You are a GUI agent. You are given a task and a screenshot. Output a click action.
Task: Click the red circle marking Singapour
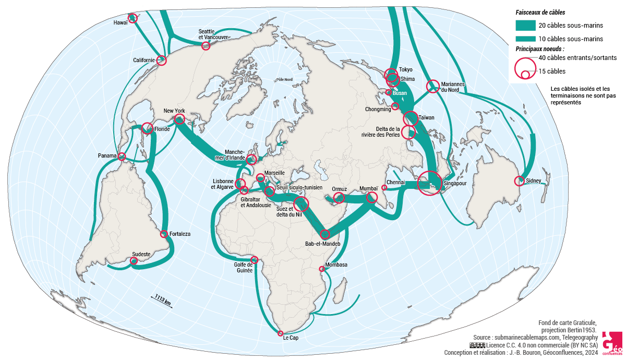(x=429, y=183)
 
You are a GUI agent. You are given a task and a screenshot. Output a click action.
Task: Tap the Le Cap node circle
(x=281, y=333)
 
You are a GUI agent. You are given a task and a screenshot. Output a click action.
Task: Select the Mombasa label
(x=336, y=265)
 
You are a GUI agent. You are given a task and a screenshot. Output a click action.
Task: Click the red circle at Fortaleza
(x=164, y=234)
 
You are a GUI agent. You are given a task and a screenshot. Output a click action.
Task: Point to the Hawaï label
(x=121, y=23)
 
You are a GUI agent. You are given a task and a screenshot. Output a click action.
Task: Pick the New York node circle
(x=179, y=119)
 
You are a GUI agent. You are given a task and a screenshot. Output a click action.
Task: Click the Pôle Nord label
(x=284, y=80)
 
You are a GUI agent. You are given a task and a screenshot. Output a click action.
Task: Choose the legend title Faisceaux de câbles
(x=540, y=12)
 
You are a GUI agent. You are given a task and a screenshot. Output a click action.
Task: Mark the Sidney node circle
(x=519, y=181)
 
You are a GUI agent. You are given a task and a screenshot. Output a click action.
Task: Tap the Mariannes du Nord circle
(x=432, y=86)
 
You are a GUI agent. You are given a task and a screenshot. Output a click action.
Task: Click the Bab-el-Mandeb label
(x=322, y=244)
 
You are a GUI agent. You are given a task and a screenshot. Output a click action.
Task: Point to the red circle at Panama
(x=122, y=157)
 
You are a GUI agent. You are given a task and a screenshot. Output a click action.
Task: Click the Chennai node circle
(x=384, y=187)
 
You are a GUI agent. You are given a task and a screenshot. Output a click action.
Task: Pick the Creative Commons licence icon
(x=477, y=345)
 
